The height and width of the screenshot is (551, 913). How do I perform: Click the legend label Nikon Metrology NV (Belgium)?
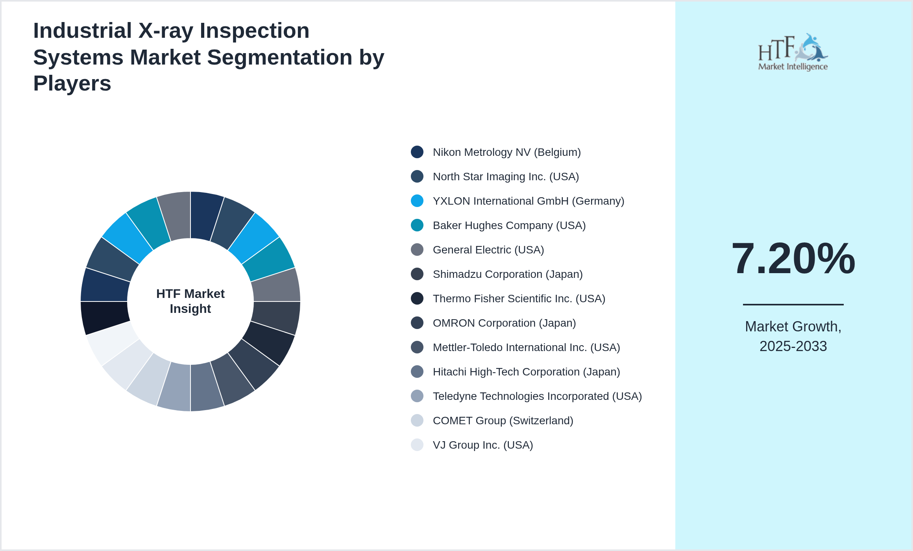[506, 152]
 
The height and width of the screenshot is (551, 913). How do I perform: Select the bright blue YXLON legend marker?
[417, 201]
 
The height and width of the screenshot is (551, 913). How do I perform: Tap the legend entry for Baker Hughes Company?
[509, 226]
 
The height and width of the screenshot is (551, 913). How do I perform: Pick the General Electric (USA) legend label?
[488, 250]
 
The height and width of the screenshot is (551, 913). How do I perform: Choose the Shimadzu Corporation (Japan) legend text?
[507, 274]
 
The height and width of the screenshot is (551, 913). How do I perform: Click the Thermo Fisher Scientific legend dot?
[417, 298]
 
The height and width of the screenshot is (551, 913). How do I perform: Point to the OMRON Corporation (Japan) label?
[504, 323]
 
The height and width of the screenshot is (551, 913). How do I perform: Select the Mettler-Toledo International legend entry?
[526, 348]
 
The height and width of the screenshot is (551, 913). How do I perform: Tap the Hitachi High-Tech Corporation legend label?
[526, 372]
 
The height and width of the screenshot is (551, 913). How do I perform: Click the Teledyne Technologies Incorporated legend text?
[537, 396]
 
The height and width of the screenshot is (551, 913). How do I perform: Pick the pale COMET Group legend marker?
[417, 420]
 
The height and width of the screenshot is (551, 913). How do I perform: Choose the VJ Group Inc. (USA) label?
[483, 445]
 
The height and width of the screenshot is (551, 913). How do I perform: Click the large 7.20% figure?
[793, 259]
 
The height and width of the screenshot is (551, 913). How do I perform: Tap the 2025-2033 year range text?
[793, 346]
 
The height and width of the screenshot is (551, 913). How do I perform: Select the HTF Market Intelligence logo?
[793, 52]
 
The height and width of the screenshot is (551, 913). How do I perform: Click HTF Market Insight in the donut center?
[190, 301]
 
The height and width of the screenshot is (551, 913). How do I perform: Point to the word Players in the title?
[72, 83]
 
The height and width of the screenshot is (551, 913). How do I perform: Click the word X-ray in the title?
[165, 31]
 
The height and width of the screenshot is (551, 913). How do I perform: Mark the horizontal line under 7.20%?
[793, 304]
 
